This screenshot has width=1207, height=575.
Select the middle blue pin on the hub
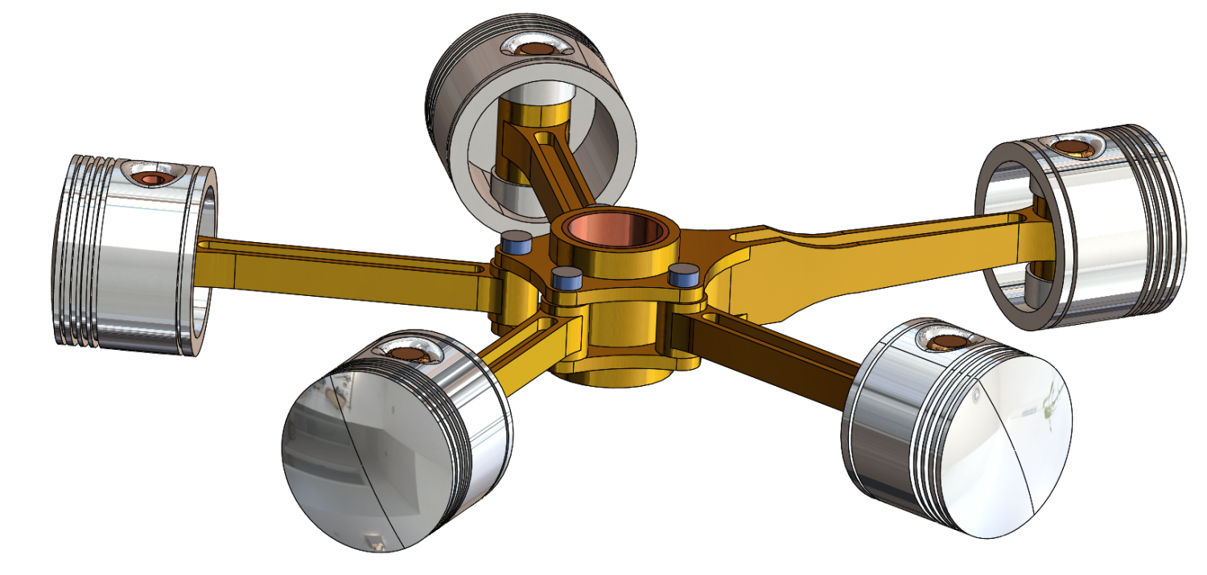(566, 278)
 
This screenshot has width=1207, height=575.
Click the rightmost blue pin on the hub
(683, 274)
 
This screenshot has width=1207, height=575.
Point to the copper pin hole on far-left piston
(150, 176)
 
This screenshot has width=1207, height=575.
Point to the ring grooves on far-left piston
(80, 249)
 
